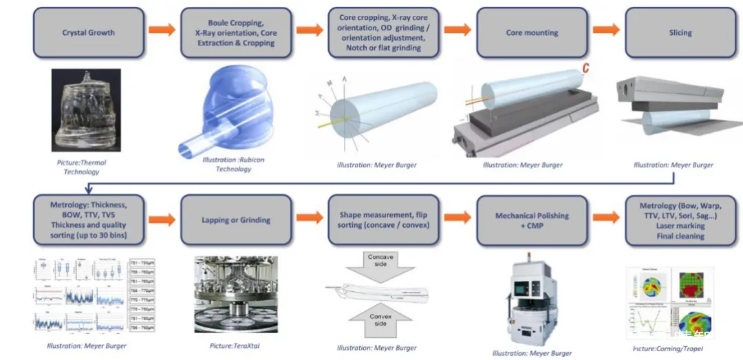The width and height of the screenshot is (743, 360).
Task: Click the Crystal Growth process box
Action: [89, 32]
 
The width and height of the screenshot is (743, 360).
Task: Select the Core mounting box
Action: [532, 32]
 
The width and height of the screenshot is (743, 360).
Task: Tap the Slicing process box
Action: [680, 32]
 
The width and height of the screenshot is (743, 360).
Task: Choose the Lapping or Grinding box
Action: [236, 220]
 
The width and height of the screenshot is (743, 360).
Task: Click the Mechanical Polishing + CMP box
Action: [532, 220]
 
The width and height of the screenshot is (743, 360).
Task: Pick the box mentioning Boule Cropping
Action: [236, 32]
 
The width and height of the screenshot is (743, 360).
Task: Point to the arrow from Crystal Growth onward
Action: [162, 30]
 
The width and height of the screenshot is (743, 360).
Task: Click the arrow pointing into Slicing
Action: [605, 30]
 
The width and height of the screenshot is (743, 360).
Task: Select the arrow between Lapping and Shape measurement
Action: [310, 218]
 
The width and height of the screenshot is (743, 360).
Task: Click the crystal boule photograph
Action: [86, 110]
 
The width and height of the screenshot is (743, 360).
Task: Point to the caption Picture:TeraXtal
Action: [236, 346]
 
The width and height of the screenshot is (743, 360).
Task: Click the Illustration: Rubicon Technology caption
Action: [234, 165]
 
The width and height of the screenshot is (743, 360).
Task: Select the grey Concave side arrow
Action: [380, 264]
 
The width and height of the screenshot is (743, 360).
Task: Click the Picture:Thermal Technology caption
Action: [82, 167]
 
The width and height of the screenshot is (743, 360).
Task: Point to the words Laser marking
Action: [680, 226]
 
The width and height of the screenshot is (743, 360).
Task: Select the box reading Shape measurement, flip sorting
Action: [384, 220]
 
